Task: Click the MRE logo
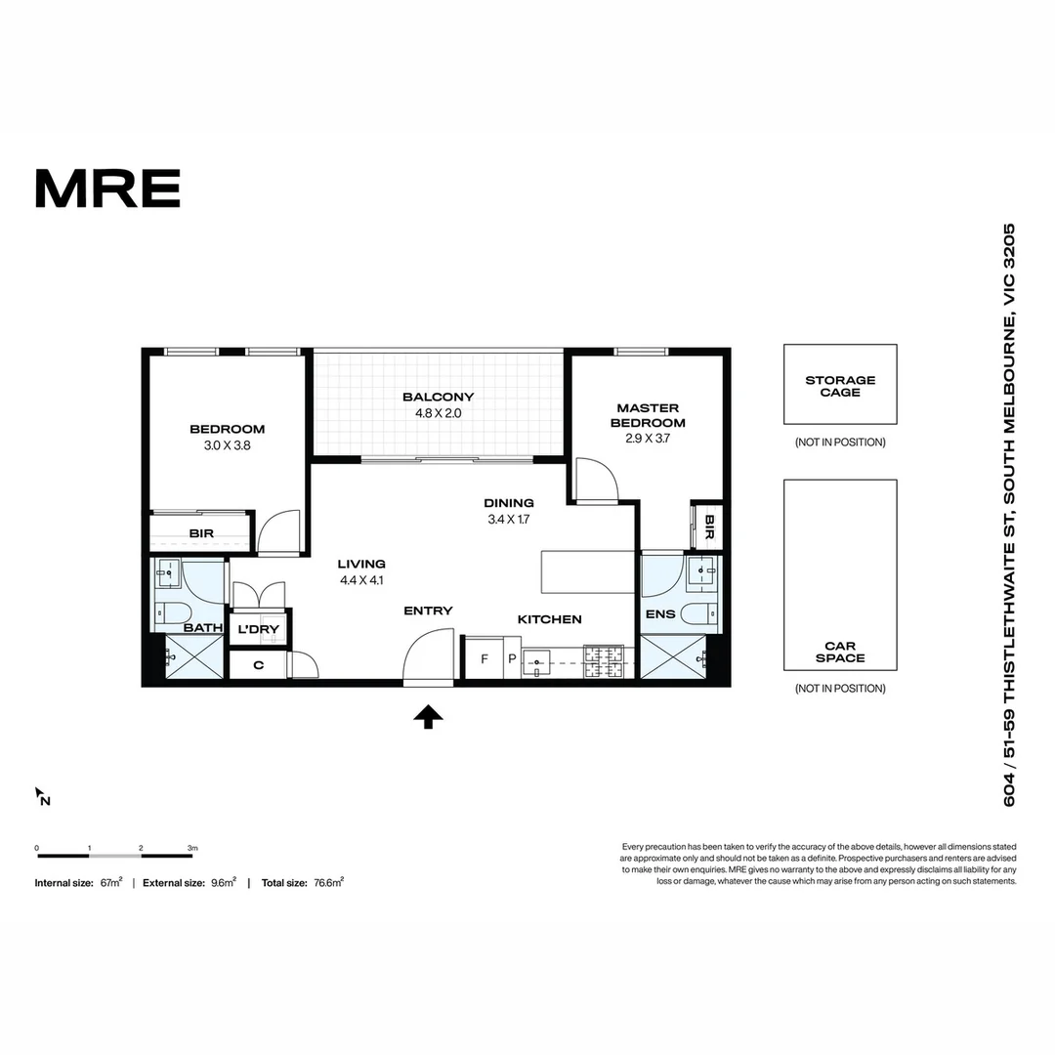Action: pos(107,189)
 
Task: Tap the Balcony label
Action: pos(439,397)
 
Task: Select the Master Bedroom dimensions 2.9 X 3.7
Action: pos(648,438)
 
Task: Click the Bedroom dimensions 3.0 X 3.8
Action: pos(227,444)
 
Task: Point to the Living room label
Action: pos(361,564)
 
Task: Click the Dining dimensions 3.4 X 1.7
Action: pos(508,519)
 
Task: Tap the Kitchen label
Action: pos(549,619)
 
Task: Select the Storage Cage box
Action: pos(840,384)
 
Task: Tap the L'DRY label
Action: pos(259,630)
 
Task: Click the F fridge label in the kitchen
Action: pos(484,659)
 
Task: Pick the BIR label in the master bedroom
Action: pos(709,527)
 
